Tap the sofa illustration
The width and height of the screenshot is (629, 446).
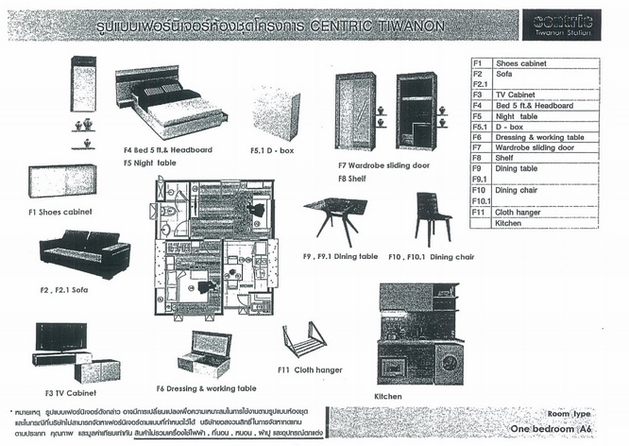click(x=84, y=251)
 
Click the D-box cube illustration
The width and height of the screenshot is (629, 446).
click(x=276, y=113)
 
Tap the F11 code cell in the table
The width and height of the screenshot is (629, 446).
click(x=479, y=213)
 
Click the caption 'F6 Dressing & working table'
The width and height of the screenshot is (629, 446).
click(x=206, y=388)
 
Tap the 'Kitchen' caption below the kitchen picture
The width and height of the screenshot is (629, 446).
click(x=388, y=396)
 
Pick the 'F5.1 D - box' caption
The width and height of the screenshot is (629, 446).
click(x=274, y=149)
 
